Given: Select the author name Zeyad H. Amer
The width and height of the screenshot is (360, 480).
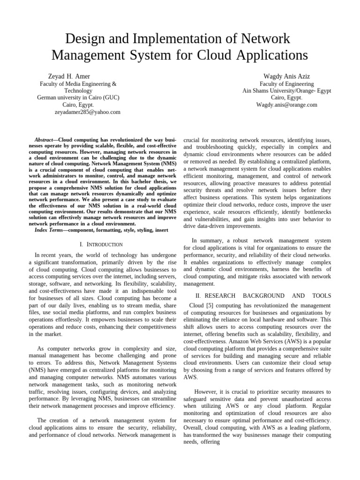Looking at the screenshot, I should (69, 76).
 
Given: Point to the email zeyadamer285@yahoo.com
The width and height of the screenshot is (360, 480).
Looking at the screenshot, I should (88, 112).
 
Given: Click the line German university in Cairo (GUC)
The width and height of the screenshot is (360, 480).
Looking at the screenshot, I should (78, 98).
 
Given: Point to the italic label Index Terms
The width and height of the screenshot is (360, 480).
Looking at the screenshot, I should (52, 230).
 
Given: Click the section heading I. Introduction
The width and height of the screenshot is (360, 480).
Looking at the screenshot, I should (101, 245).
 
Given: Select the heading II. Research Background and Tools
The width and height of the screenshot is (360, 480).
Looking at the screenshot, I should (263, 296).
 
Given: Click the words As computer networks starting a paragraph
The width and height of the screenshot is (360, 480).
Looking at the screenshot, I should (62, 349).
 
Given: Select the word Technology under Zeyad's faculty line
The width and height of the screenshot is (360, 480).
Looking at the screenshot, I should (78, 91).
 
